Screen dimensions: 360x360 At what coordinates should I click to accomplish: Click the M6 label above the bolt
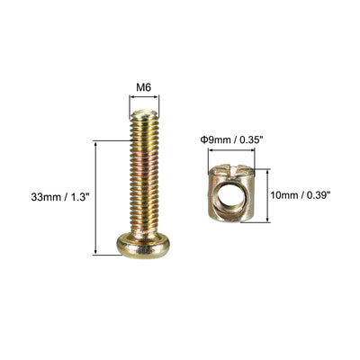[x=144, y=87]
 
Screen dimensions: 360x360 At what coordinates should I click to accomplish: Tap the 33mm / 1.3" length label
[x=60, y=197]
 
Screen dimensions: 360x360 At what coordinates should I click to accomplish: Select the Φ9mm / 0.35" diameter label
[x=229, y=140]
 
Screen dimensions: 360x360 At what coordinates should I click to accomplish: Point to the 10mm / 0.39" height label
[x=301, y=195]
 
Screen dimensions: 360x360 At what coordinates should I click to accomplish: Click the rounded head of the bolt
[x=143, y=247]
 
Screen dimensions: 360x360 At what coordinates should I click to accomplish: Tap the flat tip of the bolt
[x=144, y=113]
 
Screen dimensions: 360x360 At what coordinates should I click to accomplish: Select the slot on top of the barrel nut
[x=231, y=169]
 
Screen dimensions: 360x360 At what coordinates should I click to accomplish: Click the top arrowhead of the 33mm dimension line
[x=95, y=144]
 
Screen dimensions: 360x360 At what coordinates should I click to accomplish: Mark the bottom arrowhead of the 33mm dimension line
[x=95, y=252]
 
